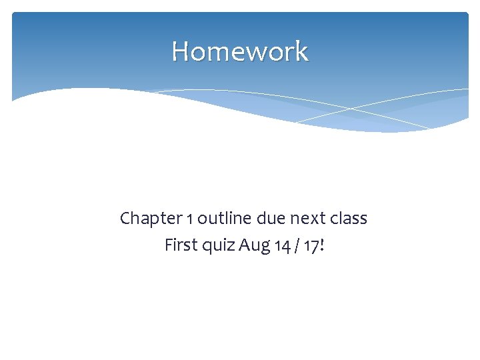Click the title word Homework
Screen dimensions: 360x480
(x=240, y=51)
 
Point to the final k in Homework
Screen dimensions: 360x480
(x=301, y=51)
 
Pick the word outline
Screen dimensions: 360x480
(x=221, y=219)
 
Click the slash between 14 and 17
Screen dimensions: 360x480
(x=297, y=246)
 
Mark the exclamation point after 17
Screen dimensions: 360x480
(x=323, y=245)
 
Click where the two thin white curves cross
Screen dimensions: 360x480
(x=351, y=109)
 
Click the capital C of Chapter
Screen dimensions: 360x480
(x=125, y=219)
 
